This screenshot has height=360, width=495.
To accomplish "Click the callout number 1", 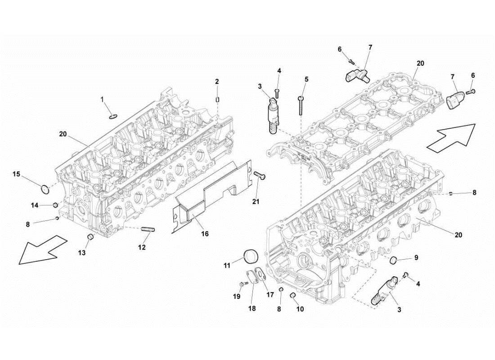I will click(x=102, y=99).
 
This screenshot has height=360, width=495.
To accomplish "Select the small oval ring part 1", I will click(x=113, y=117).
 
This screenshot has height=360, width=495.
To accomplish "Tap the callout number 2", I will click(x=217, y=81).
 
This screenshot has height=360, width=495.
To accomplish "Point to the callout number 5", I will click(x=306, y=79).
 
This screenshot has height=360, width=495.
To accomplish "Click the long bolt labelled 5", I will click(x=300, y=106).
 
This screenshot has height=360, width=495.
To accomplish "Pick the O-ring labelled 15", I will click(x=45, y=189).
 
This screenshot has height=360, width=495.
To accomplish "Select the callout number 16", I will click(x=205, y=234).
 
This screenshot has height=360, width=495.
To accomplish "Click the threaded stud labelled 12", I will click(x=148, y=230).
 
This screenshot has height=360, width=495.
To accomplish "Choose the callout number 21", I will click(x=256, y=202).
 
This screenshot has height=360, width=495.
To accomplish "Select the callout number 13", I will click(x=81, y=253).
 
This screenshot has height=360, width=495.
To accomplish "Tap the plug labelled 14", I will click(x=55, y=205).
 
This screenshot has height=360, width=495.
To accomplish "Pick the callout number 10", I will click(x=301, y=309).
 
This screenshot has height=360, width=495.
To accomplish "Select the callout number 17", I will click(x=270, y=295).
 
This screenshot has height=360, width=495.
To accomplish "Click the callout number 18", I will click(x=252, y=308).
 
